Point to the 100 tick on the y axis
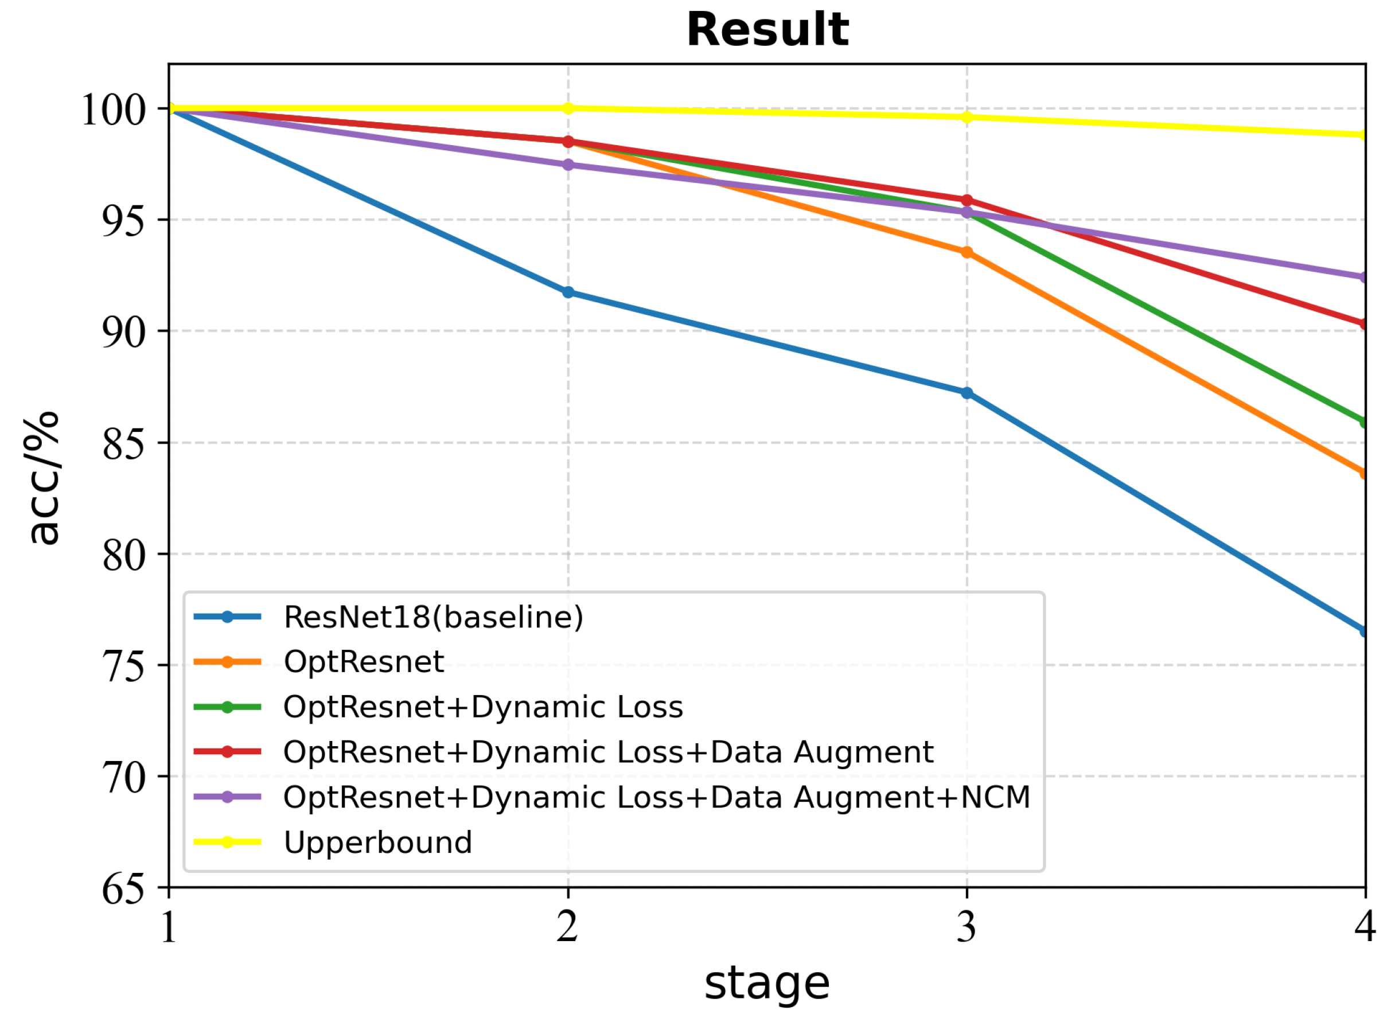114,110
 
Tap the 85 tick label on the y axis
123,443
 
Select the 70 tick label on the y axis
123,777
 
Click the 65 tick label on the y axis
123,889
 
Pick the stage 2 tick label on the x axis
567,927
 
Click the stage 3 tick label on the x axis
966,927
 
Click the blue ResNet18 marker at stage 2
568,292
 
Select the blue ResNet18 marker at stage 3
967,392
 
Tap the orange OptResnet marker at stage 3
967,252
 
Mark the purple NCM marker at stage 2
568,165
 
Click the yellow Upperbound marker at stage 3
967,117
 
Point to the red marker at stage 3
967,200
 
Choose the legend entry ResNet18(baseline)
433,617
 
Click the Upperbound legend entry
377,842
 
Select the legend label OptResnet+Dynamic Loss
482,707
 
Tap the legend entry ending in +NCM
657,797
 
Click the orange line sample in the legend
227,662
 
